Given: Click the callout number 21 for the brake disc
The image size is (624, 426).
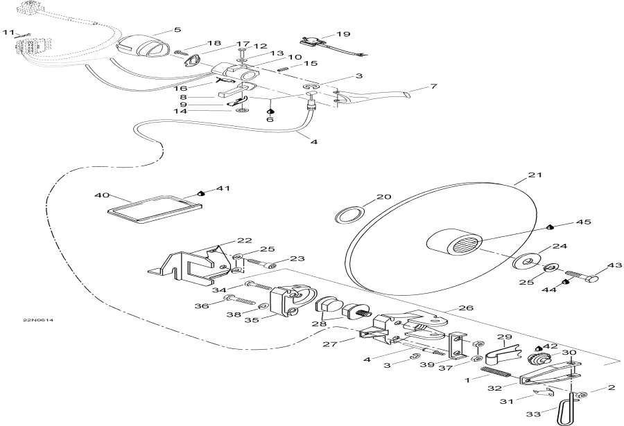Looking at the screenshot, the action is [535, 175].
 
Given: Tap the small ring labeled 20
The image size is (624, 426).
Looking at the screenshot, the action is [349, 215].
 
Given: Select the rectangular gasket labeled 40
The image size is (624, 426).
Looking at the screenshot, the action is [155, 208].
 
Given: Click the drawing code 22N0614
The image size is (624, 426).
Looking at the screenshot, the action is [38, 320].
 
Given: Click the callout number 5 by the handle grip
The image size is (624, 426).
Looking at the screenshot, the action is [177, 29].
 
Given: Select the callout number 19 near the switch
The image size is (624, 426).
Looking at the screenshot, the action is [343, 34].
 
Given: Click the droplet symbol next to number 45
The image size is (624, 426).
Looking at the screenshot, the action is [550, 227].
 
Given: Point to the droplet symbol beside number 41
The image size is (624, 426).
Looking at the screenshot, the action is [202, 193].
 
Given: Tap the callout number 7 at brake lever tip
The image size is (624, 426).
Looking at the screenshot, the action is [433, 86].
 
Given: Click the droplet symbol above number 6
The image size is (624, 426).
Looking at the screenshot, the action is [270, 112].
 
